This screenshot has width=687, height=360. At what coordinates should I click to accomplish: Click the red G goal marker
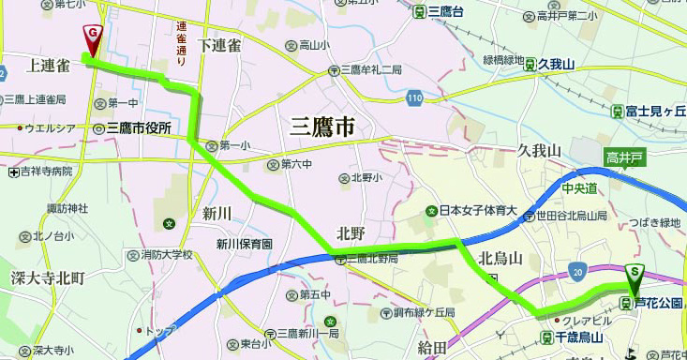coord(93,37)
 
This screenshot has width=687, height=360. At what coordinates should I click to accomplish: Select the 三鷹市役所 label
coord(139,127)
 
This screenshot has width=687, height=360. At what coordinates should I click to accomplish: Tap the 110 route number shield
coord(414,97)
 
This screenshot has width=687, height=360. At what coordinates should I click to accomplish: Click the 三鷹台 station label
coord(445,11)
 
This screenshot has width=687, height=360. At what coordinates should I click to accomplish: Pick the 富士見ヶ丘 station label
coord(657,111)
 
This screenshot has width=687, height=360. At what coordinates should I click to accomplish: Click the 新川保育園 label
coord(244,244)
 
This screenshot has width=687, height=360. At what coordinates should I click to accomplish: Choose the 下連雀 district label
coord(220,45)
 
